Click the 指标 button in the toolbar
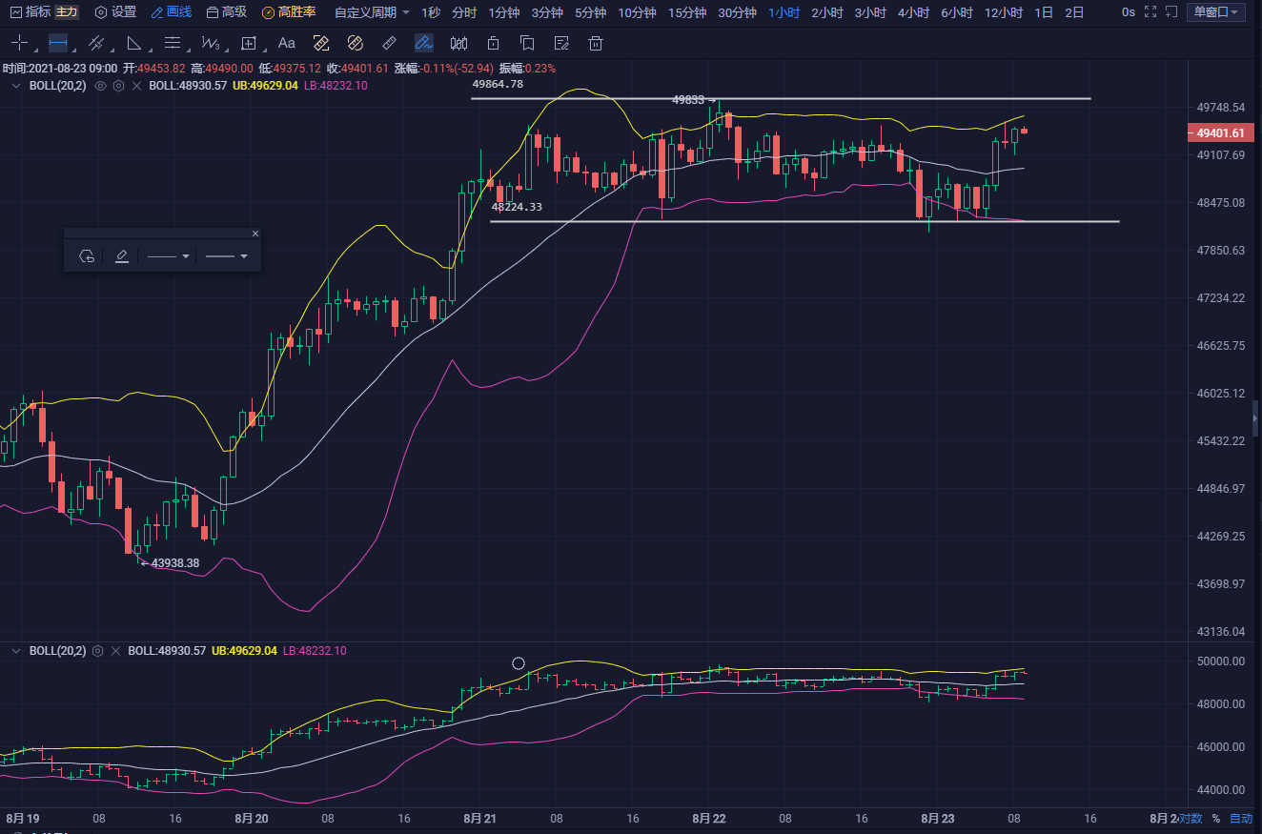tap(31, 12)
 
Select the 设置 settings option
tap(115, 12)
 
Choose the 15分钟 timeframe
tap(686, 12)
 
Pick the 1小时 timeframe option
tap(784, 12)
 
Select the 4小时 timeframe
tap(913, 12)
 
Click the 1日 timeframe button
tap(1044, 12)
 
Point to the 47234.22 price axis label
tap(1221, 298)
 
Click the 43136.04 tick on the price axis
tap(1221, 632)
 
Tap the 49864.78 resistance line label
tap(498, 84)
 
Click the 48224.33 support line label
tap(517, 207)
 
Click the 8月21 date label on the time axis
tap(479, 818)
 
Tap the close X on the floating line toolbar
tap(254, 234)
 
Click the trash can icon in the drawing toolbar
tap(596, 43)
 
